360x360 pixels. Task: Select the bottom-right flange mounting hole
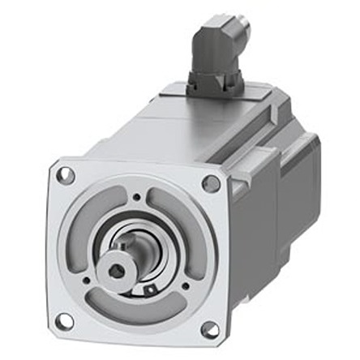coord(209,329)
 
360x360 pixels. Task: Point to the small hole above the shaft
coord(136,196)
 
